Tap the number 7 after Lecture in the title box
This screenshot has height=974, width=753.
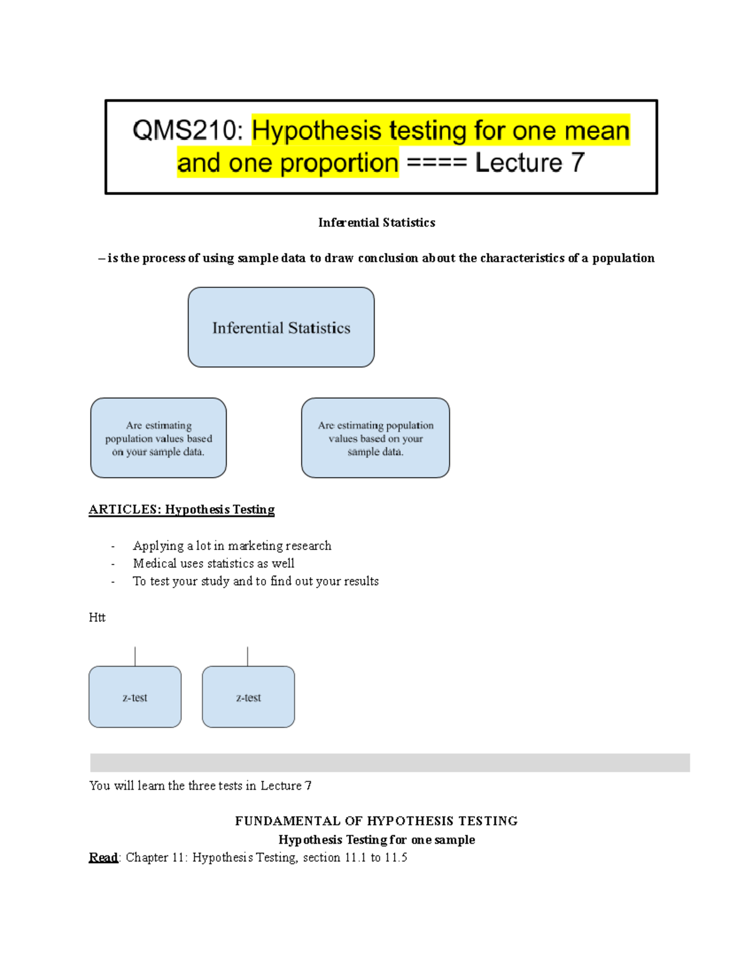pos(577,163)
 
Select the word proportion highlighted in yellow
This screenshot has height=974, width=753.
pos(339,163)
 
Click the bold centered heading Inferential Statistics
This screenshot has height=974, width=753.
pos(376,223)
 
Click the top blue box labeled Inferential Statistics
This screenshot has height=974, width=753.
pos(281,327)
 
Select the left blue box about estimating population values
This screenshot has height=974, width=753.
pos(158,438)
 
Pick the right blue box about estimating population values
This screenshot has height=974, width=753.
pos(375,438)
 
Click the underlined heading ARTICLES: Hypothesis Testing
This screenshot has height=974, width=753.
pos(181,509)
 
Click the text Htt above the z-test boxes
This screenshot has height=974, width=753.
pos(97,617)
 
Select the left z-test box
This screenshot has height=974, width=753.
pos(135,697)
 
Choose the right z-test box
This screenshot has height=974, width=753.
pos(248,697)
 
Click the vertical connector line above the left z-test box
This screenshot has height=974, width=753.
pos(135,657)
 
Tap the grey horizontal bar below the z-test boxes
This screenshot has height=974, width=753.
pos(390,763)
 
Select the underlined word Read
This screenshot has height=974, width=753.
pos(103,857)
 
